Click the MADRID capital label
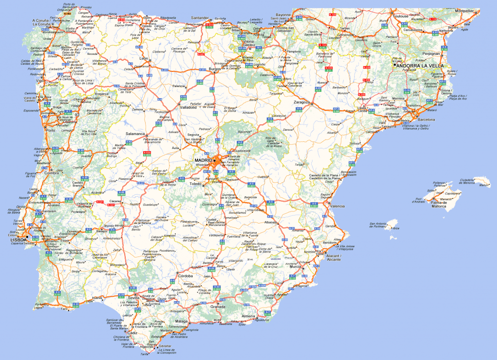point(203,160)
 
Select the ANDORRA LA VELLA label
point(420,66)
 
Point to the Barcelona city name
point(427,119)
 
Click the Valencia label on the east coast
point(337,206)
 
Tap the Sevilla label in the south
point(133,298)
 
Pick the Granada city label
point(218,307)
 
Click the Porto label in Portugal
point(50,130)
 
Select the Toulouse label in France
point(401,16)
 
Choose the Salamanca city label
point(136,134)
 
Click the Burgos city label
point(215,69)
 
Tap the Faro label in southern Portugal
point(64,309)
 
